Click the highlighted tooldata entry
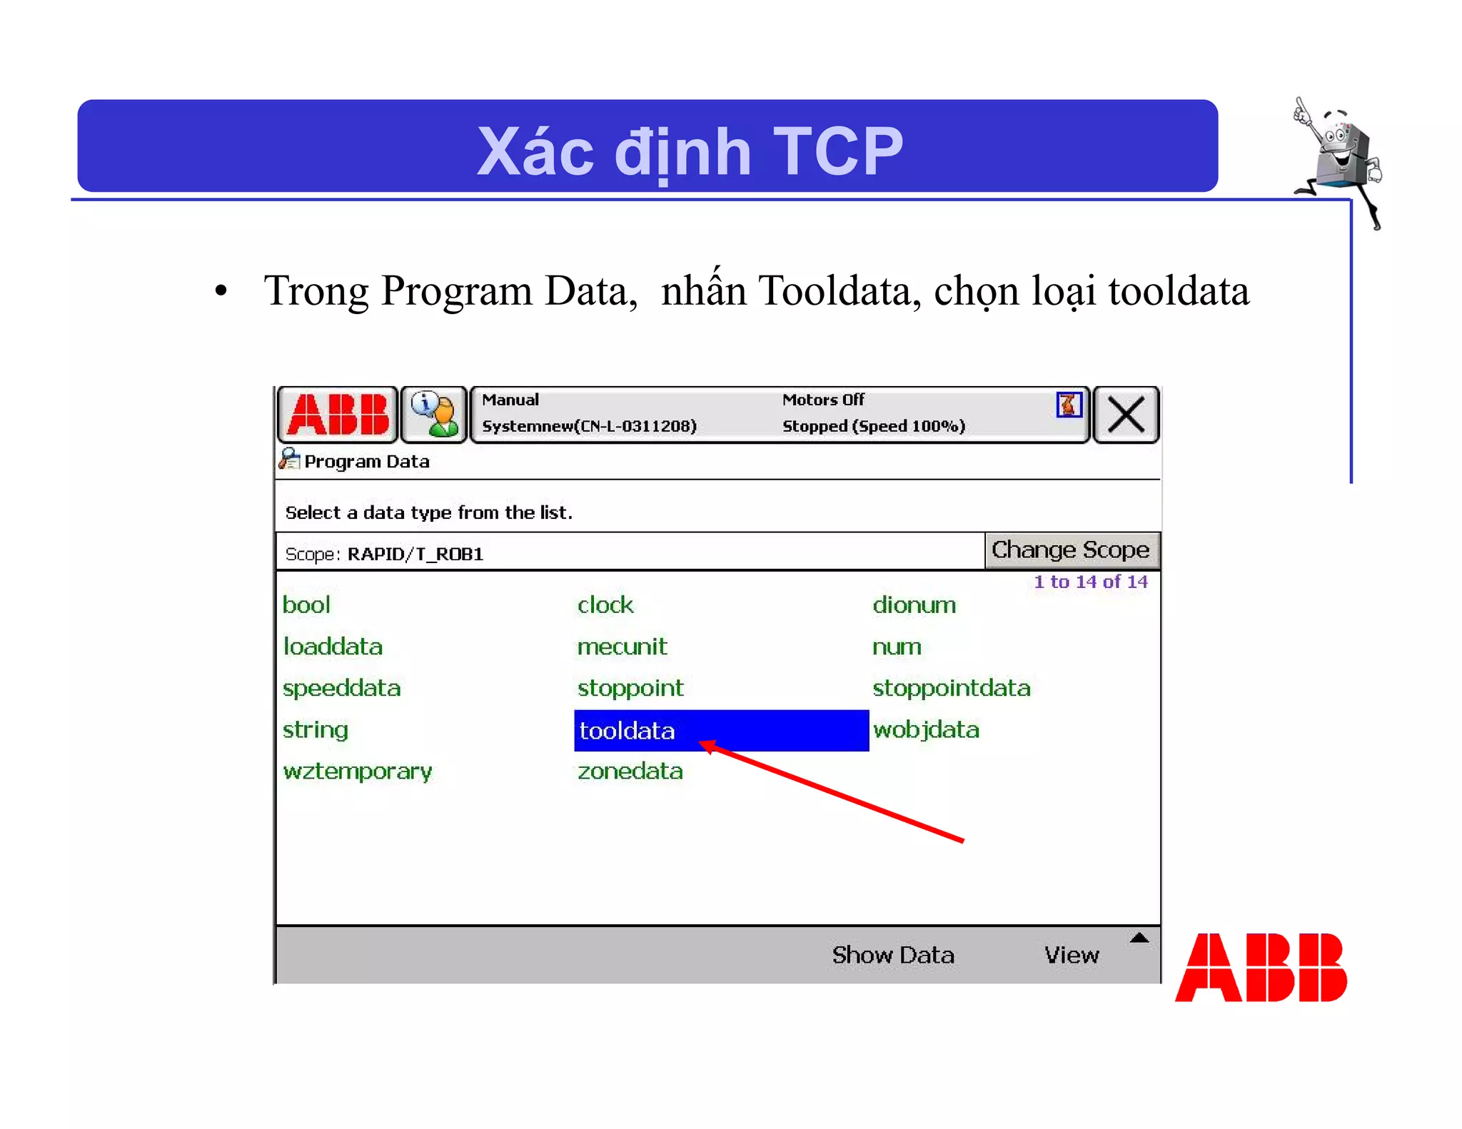coord(627,730)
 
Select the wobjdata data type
coord(926,729)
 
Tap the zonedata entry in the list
coord(630,771)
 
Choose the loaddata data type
coord(333,647)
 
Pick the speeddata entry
coord(341,688)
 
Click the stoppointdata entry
coord(951,688)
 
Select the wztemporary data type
coord(357,771)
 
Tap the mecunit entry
coord(622,647)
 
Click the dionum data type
coord(914,605)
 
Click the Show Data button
coord(892,955)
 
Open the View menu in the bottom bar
coord(1072,955)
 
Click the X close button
coord(1126,415)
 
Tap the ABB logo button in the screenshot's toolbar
coord(338,415)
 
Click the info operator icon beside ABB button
coord(434,415)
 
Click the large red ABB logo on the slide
coord(1261,968)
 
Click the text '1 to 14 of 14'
coord(1090,582)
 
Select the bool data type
coord(306,605)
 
